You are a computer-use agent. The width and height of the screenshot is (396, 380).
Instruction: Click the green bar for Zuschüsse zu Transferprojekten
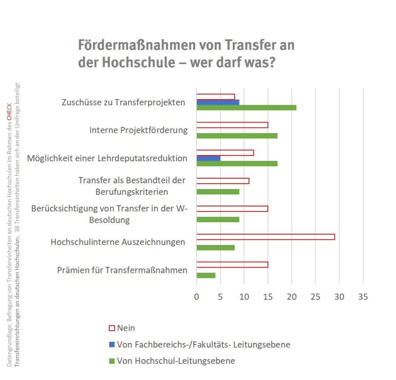click(246, 107)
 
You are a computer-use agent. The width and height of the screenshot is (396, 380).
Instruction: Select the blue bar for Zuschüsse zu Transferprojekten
click(218, 102)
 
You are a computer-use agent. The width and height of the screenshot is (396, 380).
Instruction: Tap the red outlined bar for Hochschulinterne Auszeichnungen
click(265, 237)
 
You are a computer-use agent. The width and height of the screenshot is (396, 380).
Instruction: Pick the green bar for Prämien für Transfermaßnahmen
click(206, 275)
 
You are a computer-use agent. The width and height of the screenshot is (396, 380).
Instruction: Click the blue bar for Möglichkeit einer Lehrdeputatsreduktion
click(208, 158)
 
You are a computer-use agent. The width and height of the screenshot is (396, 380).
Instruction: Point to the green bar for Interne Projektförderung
click(237, 136)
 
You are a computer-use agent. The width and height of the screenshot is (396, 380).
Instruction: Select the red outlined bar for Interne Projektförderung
click(232, 125)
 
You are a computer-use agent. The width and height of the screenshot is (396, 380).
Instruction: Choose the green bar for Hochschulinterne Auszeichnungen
click(215, 247)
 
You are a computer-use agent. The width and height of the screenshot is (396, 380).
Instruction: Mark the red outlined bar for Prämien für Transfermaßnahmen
click(232, 264)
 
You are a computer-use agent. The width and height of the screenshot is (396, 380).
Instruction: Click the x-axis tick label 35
click(363, 297)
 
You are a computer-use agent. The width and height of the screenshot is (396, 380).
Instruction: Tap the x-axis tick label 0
click(196, 297)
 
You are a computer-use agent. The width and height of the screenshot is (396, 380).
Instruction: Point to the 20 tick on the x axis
click(292, 297)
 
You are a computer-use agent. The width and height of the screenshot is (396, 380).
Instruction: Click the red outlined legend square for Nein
click(112, 328)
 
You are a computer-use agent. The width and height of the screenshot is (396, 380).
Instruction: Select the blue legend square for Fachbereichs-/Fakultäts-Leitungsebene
click(112, 344)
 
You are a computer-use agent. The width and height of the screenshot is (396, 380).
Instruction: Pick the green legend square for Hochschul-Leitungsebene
click(112, 361)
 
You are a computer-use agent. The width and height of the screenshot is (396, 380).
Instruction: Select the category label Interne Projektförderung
click(138, 130)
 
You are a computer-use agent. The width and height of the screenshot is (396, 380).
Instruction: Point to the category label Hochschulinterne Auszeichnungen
click(118, 242)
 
